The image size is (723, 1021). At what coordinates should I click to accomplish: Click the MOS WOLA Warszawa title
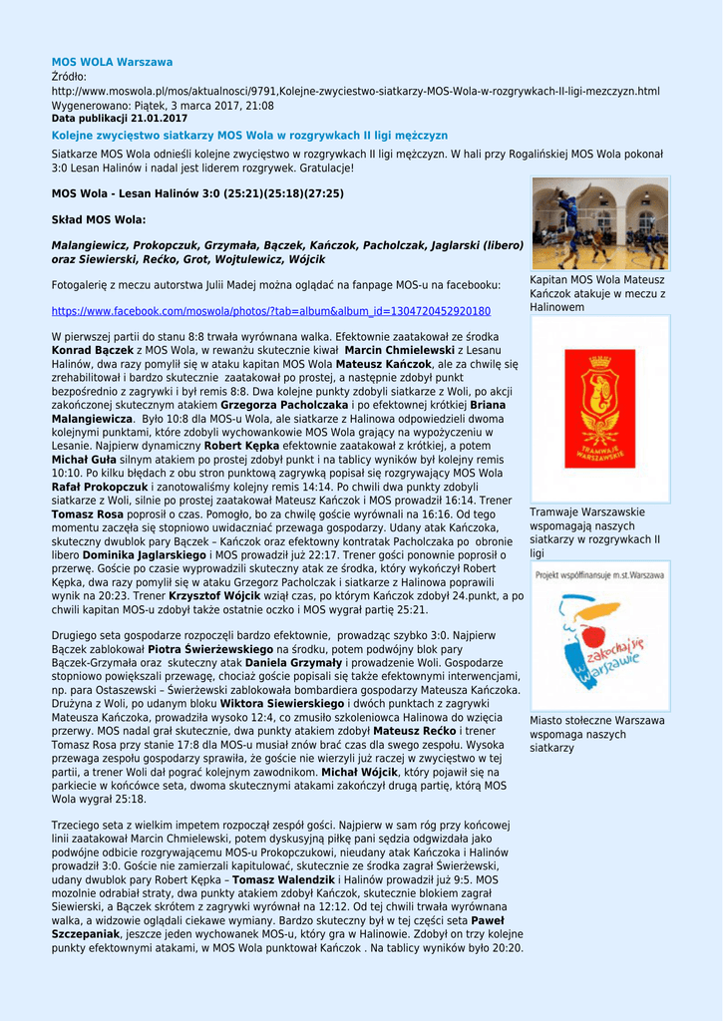tap(112, 62)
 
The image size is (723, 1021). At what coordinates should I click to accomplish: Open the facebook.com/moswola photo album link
tap(270, 311)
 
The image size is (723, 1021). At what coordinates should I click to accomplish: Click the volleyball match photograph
tap(599, 224)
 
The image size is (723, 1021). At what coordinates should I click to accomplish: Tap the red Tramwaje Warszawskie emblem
tap(599, 408)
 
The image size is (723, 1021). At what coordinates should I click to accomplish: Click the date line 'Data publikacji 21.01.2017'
tap(119, 119)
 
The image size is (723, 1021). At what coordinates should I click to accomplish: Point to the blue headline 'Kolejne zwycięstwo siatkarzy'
tap(249, 135)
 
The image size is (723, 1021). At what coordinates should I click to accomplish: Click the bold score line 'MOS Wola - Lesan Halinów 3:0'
tap(197, 193)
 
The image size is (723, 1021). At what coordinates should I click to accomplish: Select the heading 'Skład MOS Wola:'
tap(98, 218)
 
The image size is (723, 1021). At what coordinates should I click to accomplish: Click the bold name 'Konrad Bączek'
tap(93, 351)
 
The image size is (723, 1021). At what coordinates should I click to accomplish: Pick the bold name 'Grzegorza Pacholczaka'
tap(284, 406)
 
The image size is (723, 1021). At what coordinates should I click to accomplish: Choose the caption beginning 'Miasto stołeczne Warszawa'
tap(596, 734)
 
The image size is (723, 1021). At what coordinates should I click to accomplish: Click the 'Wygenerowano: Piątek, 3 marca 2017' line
tap(163, 105)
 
